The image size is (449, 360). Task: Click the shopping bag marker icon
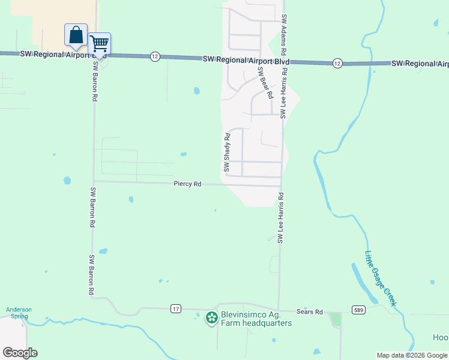pos(76,35)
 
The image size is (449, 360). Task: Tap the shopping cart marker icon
pos(99,43)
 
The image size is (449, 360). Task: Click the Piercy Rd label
pos(187,184)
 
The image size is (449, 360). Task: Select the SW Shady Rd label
pos(228,152)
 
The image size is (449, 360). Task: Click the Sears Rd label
pos(310,312)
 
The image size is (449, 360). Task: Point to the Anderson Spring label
pos(19,313)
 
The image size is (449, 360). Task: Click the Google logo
pos(20,352)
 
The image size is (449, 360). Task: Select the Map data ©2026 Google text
pos(412,356)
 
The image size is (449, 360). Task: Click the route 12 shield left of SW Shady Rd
pos(155,56)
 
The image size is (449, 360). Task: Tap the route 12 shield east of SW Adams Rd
pos(337,63)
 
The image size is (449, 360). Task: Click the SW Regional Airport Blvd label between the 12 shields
pos(246,61)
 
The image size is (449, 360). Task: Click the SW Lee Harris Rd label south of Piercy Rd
pos(280,218)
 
